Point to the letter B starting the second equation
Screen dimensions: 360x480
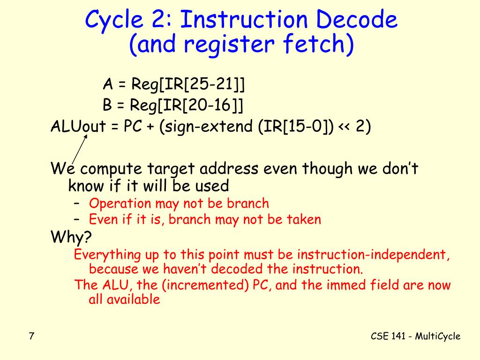[x=107, y=105]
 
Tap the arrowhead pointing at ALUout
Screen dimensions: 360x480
[x=86, y=137]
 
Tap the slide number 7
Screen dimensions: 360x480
[x=31, y=336]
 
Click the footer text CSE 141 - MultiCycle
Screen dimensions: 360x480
[x=415, y=336]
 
